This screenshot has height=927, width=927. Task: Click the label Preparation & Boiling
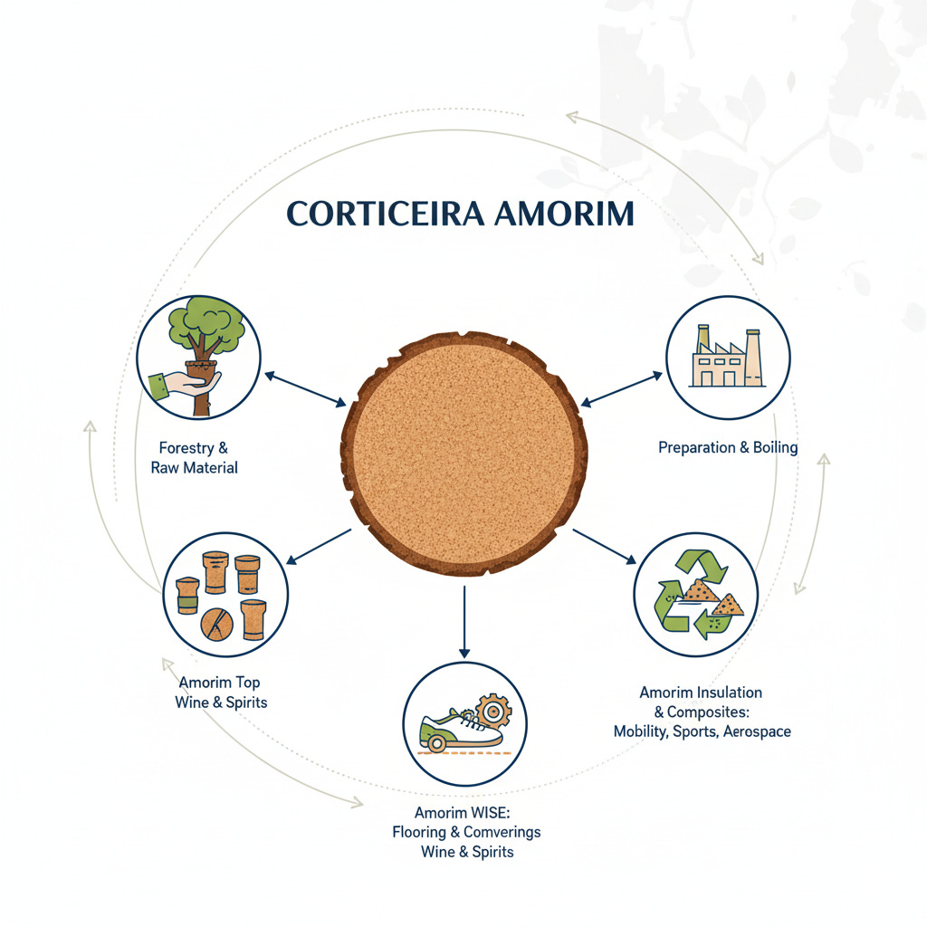pos(727,447)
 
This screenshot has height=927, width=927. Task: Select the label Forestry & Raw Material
pos(193,457)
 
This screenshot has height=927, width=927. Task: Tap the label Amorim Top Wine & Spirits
pos(220,692)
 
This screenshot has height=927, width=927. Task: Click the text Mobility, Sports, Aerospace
pos(702,731)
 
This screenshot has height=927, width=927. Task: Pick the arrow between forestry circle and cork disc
pos(305,387)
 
